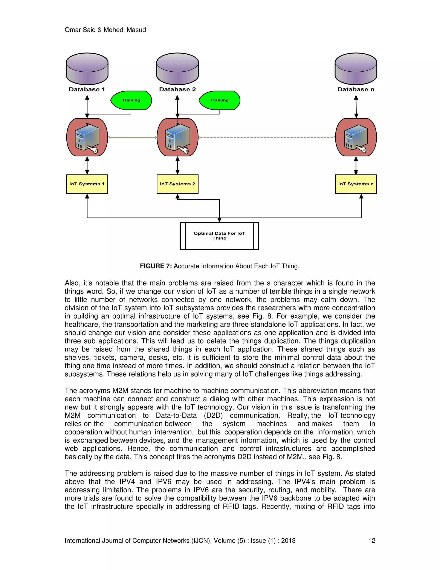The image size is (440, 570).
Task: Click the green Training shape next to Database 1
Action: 131,100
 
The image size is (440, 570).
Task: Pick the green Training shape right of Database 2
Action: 220,100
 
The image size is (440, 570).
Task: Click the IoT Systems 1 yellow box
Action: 87,184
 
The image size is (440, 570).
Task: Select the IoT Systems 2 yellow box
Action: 177,184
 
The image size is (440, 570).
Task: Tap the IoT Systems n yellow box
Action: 356,184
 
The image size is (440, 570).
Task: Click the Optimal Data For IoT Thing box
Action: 220,236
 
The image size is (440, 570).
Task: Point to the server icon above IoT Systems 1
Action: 87,137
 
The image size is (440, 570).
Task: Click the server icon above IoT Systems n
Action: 356,137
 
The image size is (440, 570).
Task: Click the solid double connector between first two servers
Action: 132,137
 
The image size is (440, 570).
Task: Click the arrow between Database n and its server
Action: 356,107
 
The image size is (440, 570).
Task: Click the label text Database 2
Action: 177,89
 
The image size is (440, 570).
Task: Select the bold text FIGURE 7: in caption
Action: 156,266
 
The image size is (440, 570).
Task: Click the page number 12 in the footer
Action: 371,541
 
